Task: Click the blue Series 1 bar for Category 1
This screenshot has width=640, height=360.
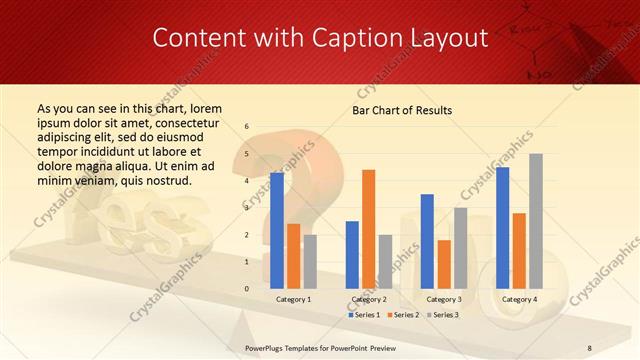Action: [x=277, y=231]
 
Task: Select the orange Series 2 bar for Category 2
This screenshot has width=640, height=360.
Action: [x=369, y=229]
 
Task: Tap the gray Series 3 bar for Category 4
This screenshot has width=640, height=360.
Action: [x=536, y=221]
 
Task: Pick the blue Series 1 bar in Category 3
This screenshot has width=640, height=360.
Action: [x=427, y=241]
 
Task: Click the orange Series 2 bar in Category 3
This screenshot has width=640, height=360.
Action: [x=444, y=264]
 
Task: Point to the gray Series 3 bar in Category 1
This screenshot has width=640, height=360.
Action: [x=310, y=262]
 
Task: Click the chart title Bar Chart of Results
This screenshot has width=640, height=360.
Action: [x=402, y=110]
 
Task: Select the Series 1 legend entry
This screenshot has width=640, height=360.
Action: [x=364, y=315]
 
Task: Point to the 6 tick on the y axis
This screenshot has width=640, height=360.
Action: [x=247, y=127]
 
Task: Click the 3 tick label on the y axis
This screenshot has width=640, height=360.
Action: [x=247, y=208]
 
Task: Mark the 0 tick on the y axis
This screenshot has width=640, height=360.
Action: [x=247, y=289]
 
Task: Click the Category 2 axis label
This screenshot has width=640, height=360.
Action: [x=368, y=299]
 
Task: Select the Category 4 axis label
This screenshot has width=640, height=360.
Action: [x=519, y=299]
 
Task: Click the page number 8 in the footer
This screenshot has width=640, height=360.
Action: [x=589, y=347]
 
